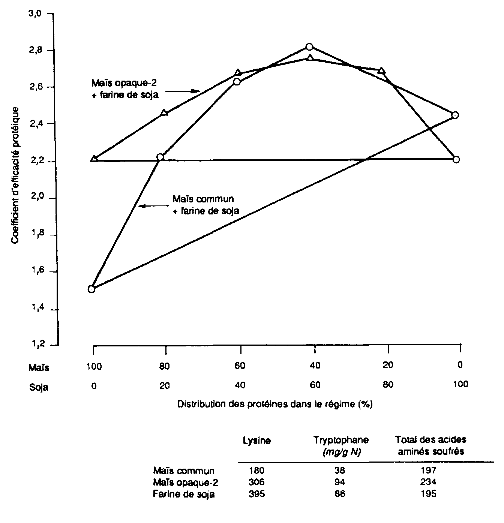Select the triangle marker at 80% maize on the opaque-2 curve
click(x=164, y=112)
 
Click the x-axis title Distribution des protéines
click(x=274, y=405)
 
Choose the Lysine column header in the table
click(x=257, y=441)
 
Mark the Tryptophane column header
click(x=341, y=440)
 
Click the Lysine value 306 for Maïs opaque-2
click(x=257, y=482)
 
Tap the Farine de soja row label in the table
click(x=184, y=494)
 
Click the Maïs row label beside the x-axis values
click(x=39, y=367)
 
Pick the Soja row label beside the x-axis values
click(x=39, y=387)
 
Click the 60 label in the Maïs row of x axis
click(x=240, y=366)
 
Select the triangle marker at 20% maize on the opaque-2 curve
click(x=381, y=71)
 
